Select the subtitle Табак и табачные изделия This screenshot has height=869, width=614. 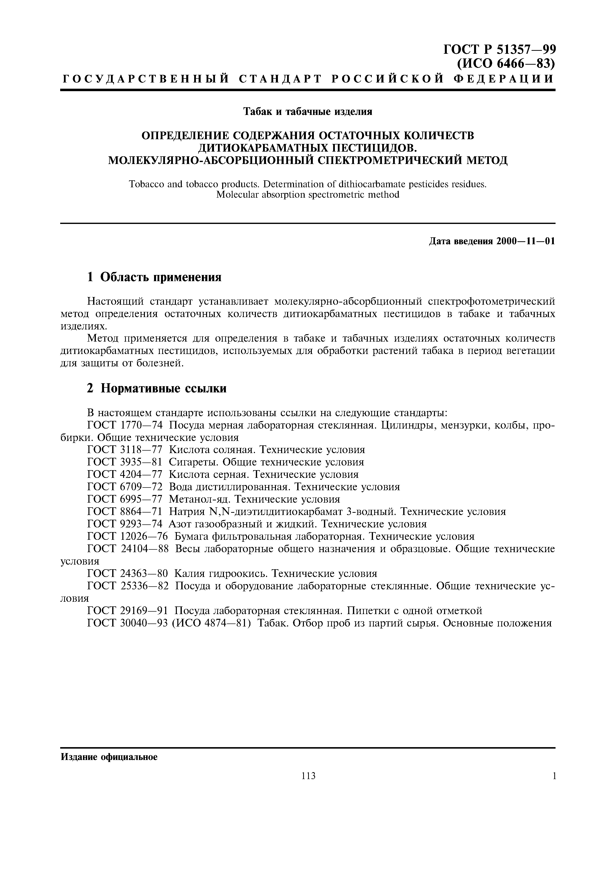coord(307,112)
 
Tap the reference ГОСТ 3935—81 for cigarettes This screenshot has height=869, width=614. coord(125,462)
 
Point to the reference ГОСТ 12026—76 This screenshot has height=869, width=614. coord(128,536)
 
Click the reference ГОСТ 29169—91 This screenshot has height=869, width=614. coord(128,610)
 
